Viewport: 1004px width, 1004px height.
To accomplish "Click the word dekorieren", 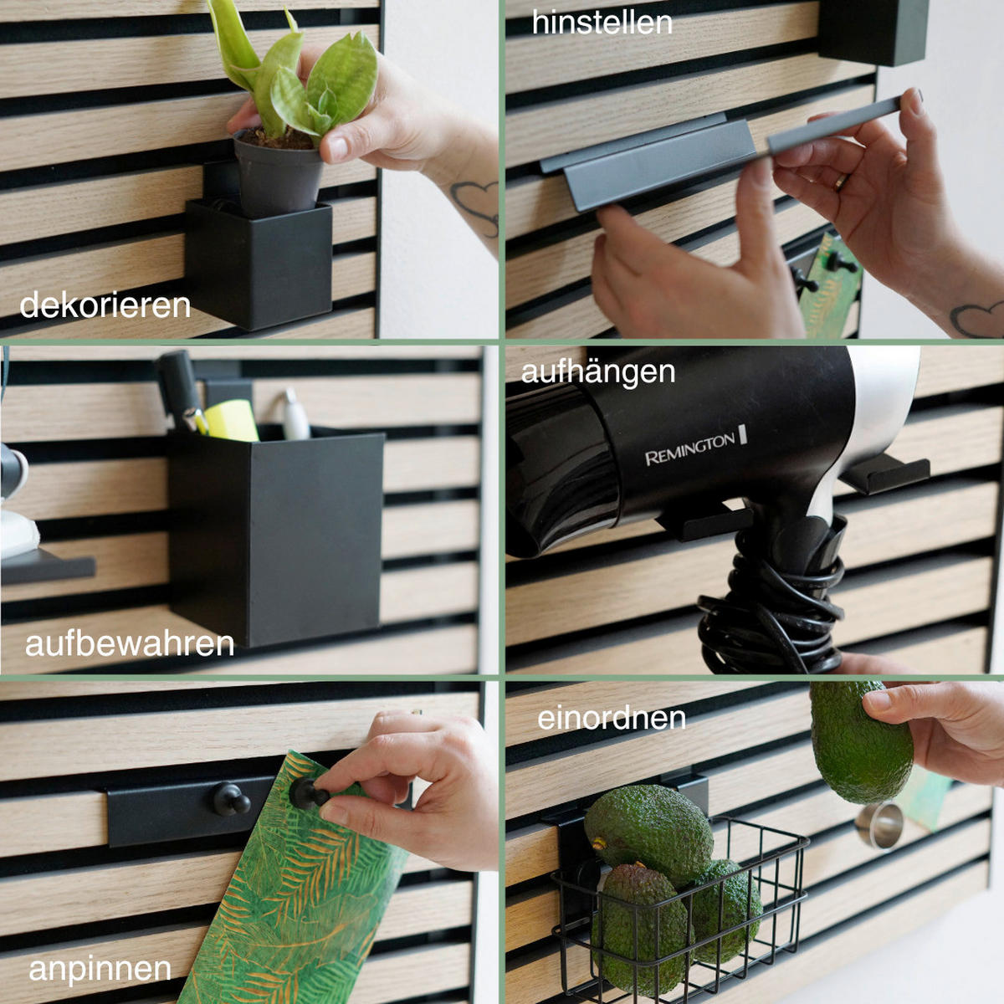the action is [x=105, y=305].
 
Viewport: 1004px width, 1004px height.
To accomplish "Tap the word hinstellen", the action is [x=602, y=23].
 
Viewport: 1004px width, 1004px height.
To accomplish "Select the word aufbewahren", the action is [x=130, y=644].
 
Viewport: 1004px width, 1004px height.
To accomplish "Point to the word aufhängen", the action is [x=598, y=372].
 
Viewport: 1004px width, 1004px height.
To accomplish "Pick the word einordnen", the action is [x=612, y=719].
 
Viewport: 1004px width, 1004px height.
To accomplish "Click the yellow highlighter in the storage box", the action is [x=231, y=421].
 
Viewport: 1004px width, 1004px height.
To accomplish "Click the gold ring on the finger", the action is [x=841, y=182].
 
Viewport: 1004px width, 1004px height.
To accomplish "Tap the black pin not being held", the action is [x=232, y=799].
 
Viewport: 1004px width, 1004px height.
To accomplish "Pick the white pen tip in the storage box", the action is [x=295, y=417].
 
